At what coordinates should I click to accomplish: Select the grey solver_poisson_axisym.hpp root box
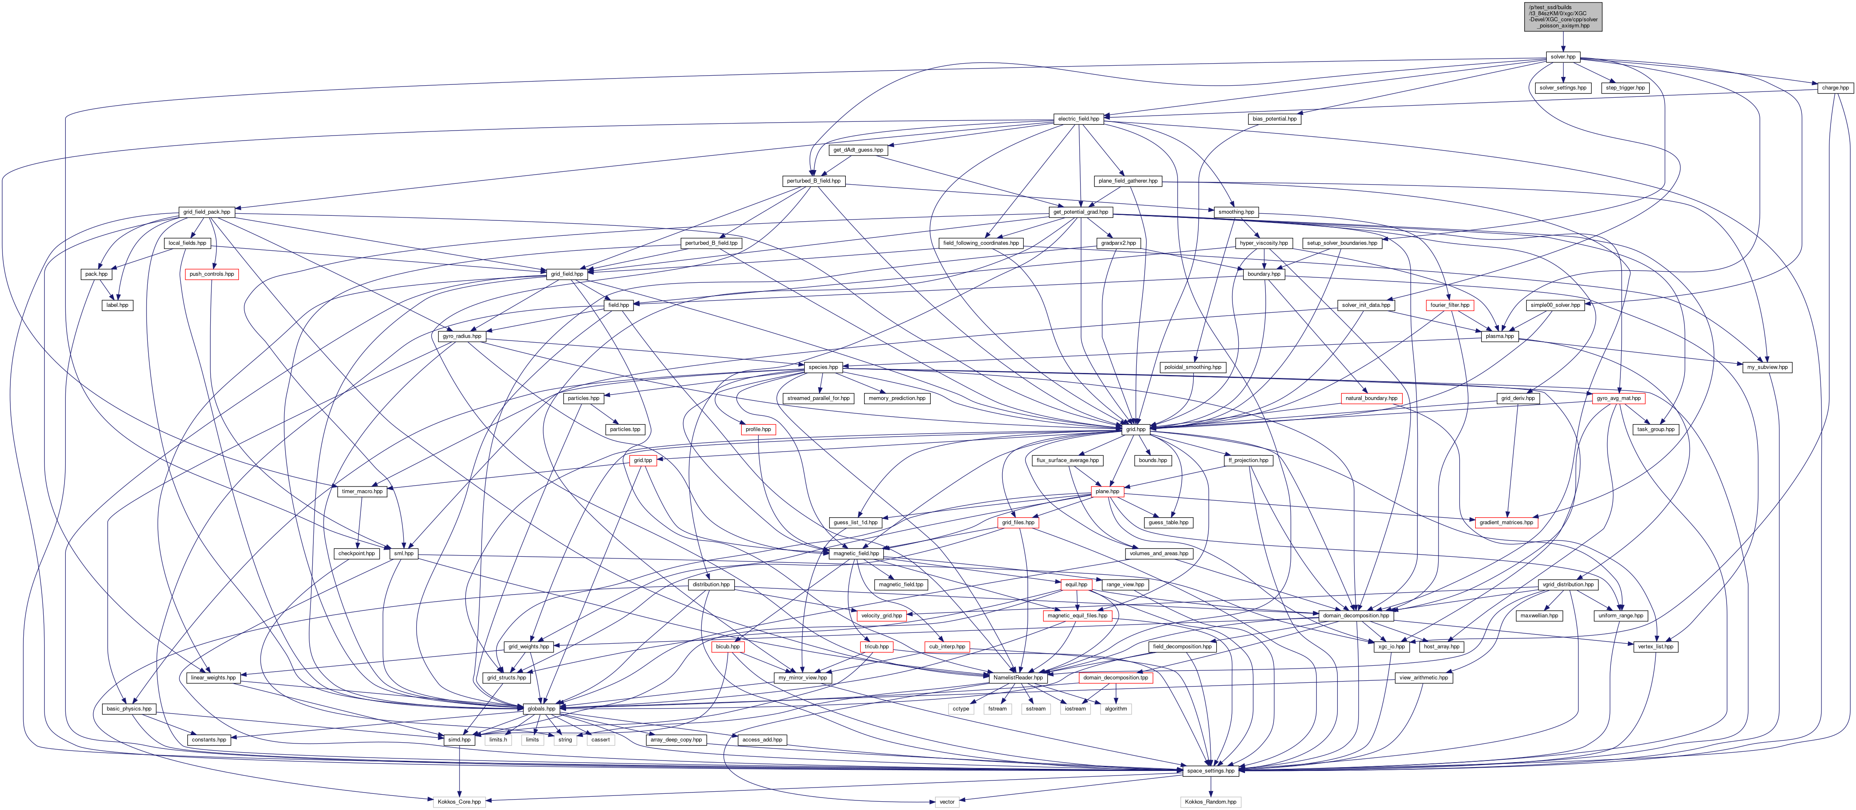point(1563,17)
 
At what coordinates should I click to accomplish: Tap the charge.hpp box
point(1834,88)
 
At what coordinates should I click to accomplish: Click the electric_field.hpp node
point(1078,119)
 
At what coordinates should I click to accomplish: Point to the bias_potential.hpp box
point(1275,119)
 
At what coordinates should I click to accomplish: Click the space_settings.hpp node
point(1210,771)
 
